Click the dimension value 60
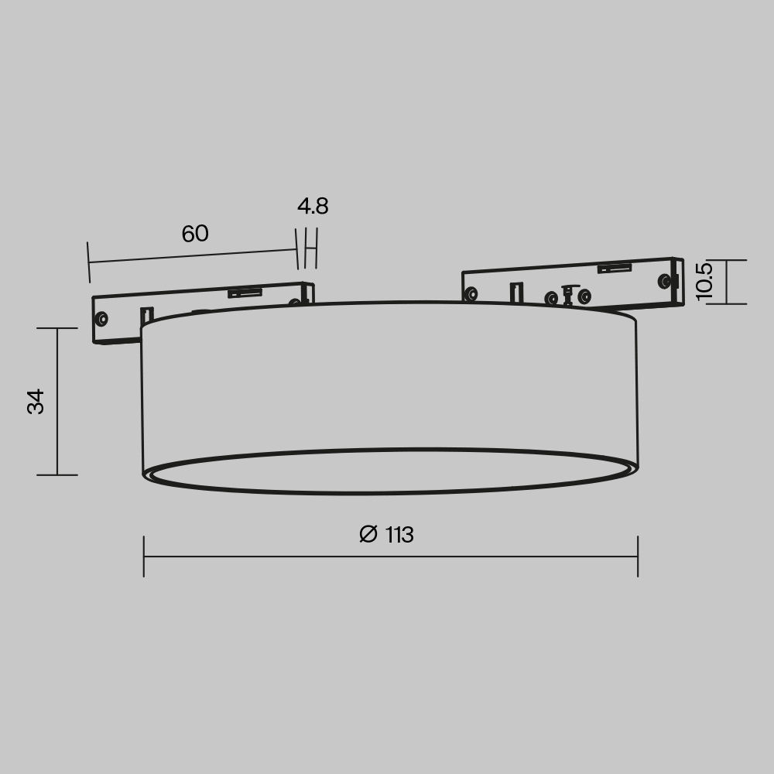[x=195, y=234]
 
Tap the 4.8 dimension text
[x=313, y=207]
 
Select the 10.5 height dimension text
[x=704, y=281]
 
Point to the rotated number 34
[x=36, y=402]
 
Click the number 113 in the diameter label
[x=399, y=535]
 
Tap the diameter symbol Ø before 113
[x=368, y=534]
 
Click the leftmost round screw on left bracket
[x=101, y=318]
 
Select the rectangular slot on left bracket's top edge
[x=244, y=293]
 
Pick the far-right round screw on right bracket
[x=663, y=281]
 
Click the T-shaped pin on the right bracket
[x=568, y=295]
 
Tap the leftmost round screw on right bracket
[x=471, y=294]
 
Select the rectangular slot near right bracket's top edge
[x=614, y=269]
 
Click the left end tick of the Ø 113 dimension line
[x=144, y=556]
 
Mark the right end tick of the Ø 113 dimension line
[x=638, y=556]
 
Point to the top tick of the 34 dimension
[x=57, y=328]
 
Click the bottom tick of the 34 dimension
[x=57, y=474]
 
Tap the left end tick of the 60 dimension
[x=89, y=262]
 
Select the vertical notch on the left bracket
[x=146, y=316]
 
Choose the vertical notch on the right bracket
[x=516, y=293]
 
